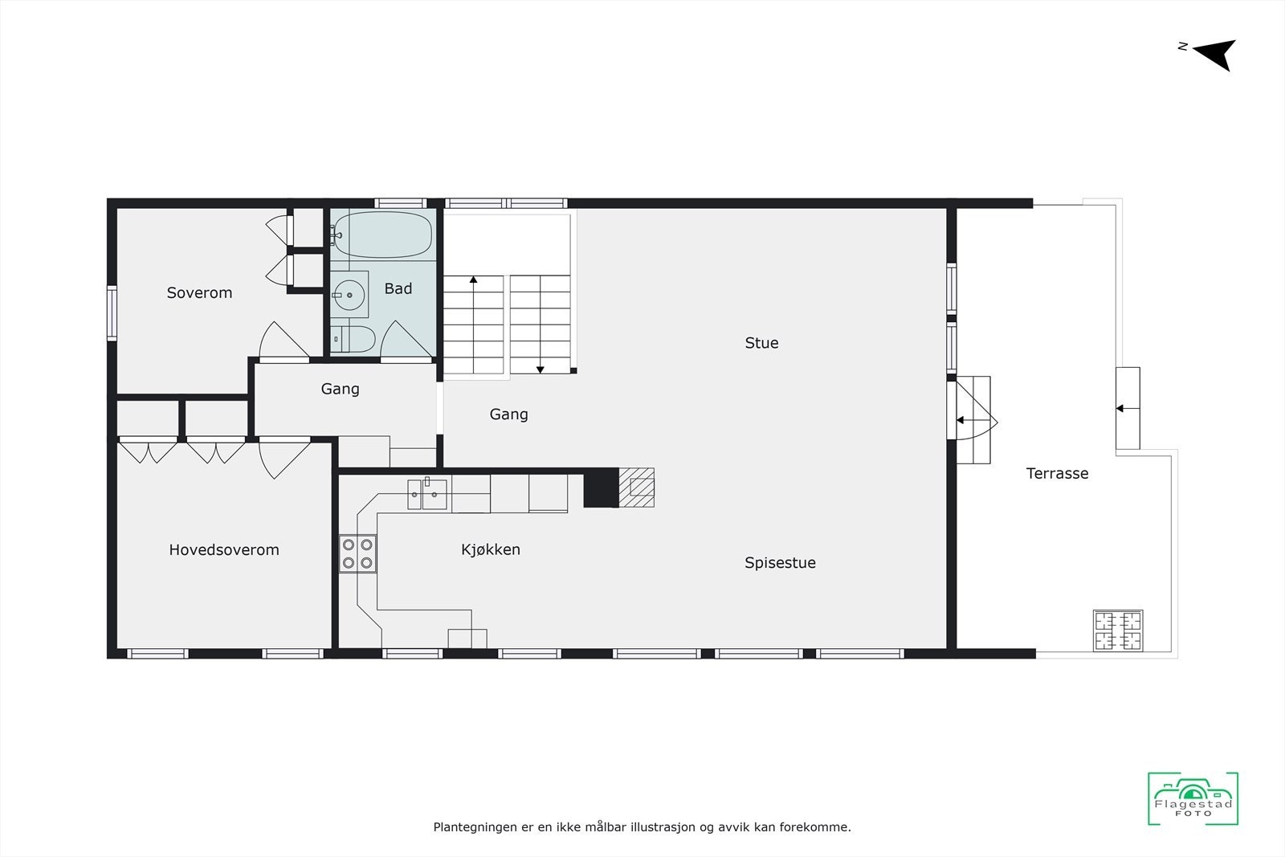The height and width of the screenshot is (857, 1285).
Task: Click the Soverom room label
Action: tap(199, 293)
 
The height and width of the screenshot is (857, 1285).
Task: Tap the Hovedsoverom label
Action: tap(224, 550)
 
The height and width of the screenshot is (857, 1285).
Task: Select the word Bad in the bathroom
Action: tap(398, 289)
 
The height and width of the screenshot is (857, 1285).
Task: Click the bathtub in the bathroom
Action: tap(383, 235)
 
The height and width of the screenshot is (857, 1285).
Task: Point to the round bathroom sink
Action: tap(349, 295)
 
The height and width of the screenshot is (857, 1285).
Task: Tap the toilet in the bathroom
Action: tap(353, 339)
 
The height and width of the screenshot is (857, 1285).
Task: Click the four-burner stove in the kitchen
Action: tap(357, 553)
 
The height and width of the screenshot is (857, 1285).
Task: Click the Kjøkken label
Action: tap(491, 550)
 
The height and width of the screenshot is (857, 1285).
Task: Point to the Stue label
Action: tap(761, 343)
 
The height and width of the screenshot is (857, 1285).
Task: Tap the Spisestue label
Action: tap(780, 563)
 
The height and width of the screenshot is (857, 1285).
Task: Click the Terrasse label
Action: tap(1057, 474)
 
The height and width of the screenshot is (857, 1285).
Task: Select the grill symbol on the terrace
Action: tap(1117, 631)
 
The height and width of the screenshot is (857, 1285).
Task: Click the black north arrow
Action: tap(1216, 55)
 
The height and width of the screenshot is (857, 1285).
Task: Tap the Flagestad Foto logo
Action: tap(1193, 798)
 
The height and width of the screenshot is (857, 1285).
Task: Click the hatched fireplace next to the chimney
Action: tap(637, 488)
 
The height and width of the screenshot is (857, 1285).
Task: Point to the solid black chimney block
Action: tap(600, 488)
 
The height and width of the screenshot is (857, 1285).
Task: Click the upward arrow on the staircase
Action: tap(474, 280)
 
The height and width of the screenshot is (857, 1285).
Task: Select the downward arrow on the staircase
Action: tap(541, 369)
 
